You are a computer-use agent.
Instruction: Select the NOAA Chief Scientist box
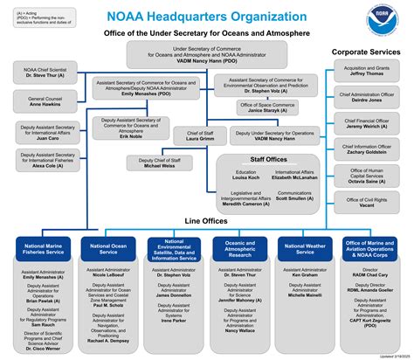point(45,73)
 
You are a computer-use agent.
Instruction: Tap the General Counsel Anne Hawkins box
point(45,103)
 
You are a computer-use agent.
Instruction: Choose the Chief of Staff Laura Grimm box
point(200,136)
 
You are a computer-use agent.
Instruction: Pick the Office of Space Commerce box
point(267,108)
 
